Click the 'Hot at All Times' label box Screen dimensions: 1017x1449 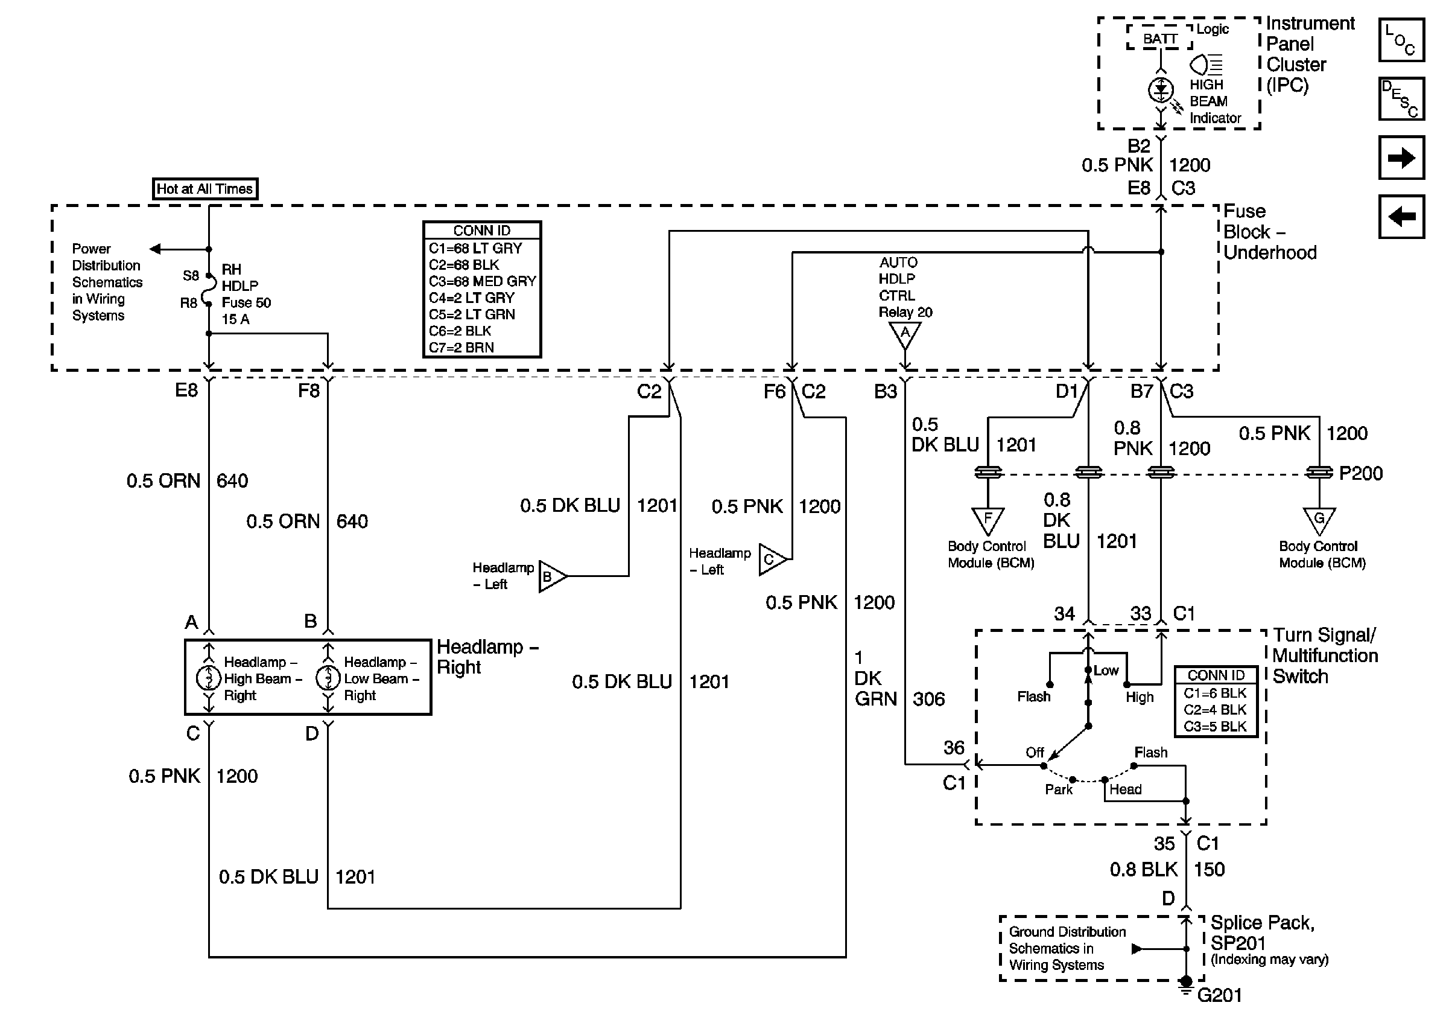point(205,189)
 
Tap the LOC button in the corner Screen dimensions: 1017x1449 point(1401,40)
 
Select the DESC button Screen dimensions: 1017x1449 point(1401,99)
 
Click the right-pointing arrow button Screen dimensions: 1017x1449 point(1401,158)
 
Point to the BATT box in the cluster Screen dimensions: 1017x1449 point(1159,39)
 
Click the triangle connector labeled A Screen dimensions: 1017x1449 point(905,334)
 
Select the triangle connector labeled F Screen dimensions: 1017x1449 point(988,520)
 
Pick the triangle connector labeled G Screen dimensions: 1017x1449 point(1319,520)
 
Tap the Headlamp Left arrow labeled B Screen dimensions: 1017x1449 point(551,576)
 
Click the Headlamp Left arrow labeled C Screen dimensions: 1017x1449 point(771,560)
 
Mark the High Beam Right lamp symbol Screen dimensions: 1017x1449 point(208,678)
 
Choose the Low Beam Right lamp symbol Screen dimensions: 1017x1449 point(328,678)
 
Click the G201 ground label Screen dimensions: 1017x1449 point(1219,995)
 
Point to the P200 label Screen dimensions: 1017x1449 point(1361,473)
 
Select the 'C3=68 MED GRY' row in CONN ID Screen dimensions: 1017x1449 point(482,281)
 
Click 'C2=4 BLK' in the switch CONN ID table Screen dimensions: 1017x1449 point(1215,710)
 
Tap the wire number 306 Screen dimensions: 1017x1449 point(928,699)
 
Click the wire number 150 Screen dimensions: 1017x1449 point(1208,869)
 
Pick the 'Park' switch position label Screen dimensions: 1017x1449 point(1058,789)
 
